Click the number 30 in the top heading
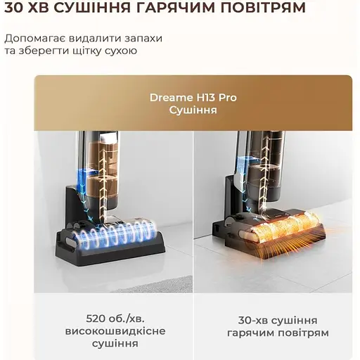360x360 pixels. (x=14, y=8)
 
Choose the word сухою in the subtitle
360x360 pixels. (x=121, y=51)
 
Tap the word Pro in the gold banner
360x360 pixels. (x=227, y=98)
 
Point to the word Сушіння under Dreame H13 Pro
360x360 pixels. (x=193, y=110)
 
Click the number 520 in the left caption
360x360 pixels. (x=96, y=319)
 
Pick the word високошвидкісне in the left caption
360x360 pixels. (x=115, y=331)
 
